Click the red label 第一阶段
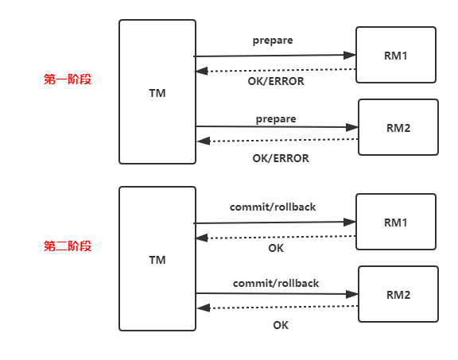pyautogui.click(x=68, y=79)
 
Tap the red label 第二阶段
pyautogui.click(x=68, y=246)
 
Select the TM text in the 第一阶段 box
pyautogui.click(x=157, y=93)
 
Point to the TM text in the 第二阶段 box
pyautogui.click(x=157, y=260)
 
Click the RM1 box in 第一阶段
pyautogui.click(x=396, y=55)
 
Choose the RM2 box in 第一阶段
pyautogui.click(x=398, y=127)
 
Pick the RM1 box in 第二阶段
pyautogui.click(x=396, y=222)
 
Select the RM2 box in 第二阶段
pyautogui.click(x=398, y=294)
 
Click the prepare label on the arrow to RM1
pyautogui.click(x=273, y=41)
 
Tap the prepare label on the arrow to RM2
pyautogui.click(x=276, y=119)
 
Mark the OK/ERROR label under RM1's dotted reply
pyautogui.click(x=276, y=81)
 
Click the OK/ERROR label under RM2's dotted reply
pyautogui.click(x=281, y=158)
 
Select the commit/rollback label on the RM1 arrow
pyautogui.click(x=273, y=207)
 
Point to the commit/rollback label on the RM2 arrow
pyautogui.click(x=276, y=283)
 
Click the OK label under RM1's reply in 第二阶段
pyautogui.click(x=276, y=248)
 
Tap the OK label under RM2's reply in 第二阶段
pyautogui.click(x=281, y=325)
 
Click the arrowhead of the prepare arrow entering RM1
pyautogui.click(x=350, y=55)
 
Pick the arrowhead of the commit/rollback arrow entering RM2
pyautogui.click(x=352, y=294)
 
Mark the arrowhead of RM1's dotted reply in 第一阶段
pyautogui.click(x=201, y=71)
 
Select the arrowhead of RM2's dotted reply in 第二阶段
pyautogui.click(x=204, y=308)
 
